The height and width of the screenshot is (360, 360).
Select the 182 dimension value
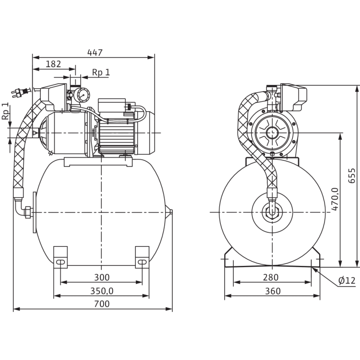point(54,63)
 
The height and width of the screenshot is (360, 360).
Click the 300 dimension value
point(102,277)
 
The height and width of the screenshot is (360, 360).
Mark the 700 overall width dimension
point(102,304)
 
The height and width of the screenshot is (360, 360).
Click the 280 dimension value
point(272,277)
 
